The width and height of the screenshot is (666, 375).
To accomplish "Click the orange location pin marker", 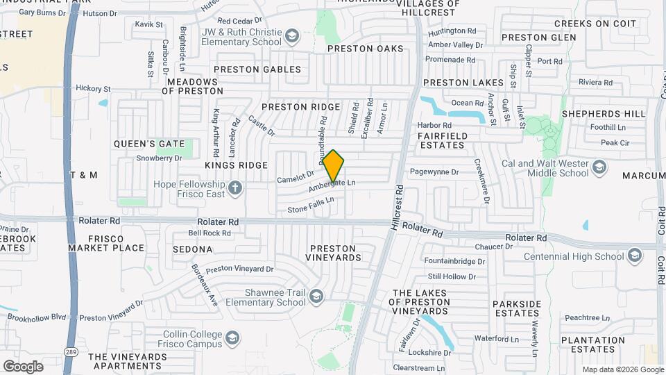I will [x=334, y=166].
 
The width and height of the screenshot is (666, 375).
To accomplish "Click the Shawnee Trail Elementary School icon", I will [x=316, y=297].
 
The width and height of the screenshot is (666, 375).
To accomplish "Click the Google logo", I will [x=23, y=366].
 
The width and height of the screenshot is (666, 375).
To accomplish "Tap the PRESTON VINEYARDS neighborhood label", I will [x=332, y=253].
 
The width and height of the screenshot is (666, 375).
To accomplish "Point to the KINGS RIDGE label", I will [x=236, y=165].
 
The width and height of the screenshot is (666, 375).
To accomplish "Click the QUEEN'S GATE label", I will [x=144, y=144].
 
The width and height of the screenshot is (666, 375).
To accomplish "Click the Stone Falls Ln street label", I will [x=311, y=205].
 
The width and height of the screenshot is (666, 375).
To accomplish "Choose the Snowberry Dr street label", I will [x=158, y=158].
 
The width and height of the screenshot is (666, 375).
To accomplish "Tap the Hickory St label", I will [x=93, y=88].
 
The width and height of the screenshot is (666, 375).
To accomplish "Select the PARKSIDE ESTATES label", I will [x=516, y=309].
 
